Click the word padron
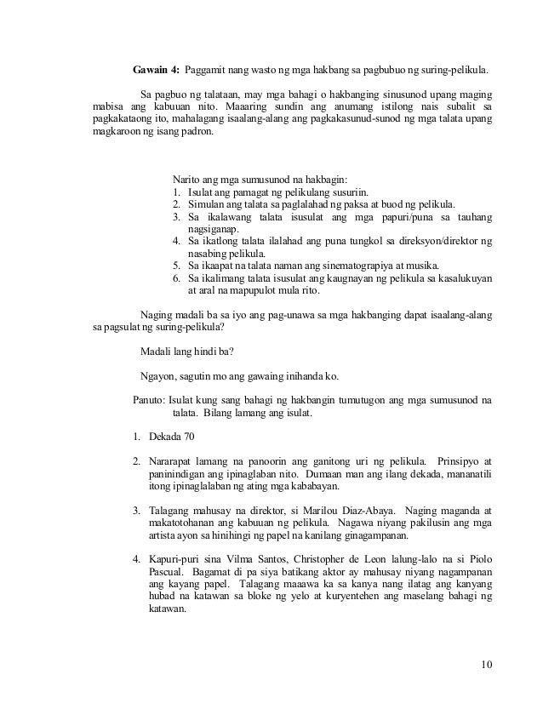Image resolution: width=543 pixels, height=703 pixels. coord(197,134)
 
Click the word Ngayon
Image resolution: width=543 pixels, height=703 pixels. coord(156,375)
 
